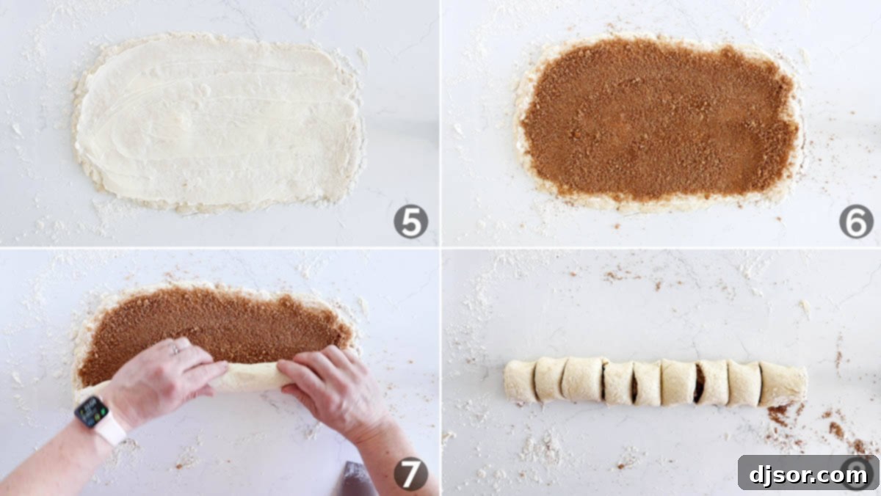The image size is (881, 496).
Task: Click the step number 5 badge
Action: tap(410, 222)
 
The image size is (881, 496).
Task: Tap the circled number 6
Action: tap(856, 222)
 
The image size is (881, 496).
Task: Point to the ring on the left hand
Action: tap(175, 350)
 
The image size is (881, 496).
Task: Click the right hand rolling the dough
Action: tap(330, 389)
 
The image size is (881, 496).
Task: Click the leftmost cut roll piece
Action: tap(520, 381)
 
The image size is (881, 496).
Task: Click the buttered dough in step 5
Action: tap(217, 121)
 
